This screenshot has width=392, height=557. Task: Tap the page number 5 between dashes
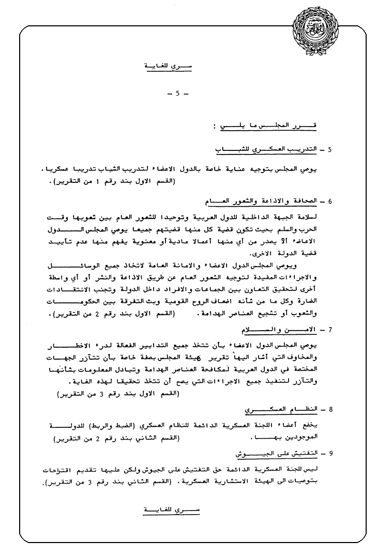pos(177,94)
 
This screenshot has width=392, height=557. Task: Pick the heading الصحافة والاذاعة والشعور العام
pos(259,202)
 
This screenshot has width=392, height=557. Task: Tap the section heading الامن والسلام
pos(278,329)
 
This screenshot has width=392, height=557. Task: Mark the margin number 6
pos(329,202)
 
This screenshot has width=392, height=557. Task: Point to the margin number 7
pos(329,330)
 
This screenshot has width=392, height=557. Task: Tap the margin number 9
pos(329,454)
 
